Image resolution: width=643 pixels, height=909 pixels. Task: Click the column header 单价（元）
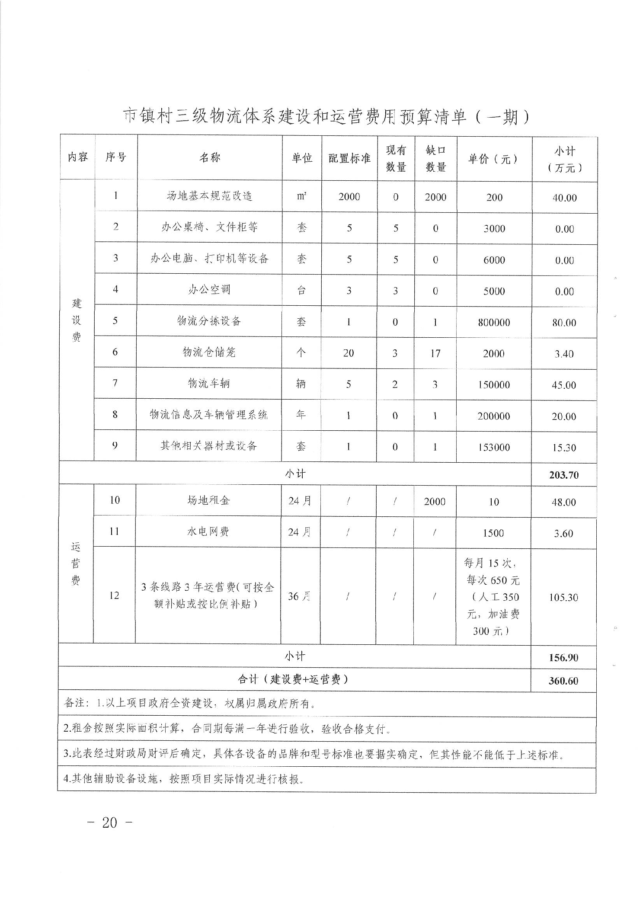[494, 159]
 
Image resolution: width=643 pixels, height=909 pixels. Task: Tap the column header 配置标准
[349, 159]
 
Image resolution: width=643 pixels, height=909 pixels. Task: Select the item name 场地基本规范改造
[209, 196]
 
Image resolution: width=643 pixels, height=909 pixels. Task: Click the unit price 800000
[494, 323]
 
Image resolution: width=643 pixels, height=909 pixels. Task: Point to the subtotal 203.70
[564, 475]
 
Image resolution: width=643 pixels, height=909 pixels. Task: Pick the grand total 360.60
[563, 681]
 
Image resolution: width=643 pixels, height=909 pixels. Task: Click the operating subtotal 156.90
[563, 658]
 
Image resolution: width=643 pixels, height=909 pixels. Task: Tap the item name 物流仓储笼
[209, 352]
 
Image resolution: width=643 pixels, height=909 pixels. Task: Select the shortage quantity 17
[435, 354]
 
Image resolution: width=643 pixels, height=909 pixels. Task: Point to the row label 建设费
[77, 320]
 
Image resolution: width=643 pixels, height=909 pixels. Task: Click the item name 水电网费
[208, 532]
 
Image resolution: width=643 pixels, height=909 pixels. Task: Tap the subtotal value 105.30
[563, 598]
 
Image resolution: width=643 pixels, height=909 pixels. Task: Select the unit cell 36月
[299, 597]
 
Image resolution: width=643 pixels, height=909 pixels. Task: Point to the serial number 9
[115, 445]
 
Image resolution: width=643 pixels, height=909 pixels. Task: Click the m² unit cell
[301, 196]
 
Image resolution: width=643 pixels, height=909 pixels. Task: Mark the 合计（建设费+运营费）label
[294, 679]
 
